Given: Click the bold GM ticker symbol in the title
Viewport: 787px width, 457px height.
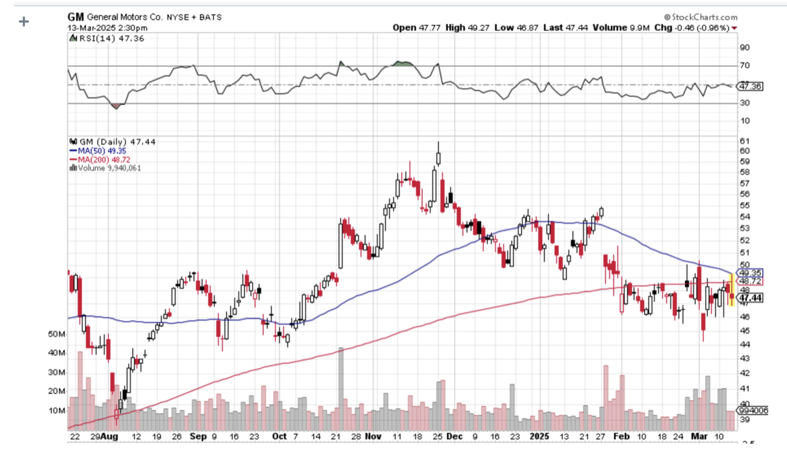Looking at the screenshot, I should [75, 16].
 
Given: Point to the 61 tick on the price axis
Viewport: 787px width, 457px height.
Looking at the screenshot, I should [744, 141].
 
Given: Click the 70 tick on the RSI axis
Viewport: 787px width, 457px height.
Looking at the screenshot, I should [745, 66].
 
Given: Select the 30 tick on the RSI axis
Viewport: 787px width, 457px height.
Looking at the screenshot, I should [745, 103].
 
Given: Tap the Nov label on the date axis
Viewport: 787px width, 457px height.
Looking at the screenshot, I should [373, 436].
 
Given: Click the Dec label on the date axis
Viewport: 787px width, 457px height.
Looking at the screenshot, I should [455, 436].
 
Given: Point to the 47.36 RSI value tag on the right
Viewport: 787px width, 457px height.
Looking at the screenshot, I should [749, 86].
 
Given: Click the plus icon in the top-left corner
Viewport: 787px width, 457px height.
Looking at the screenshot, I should [24, 21].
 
